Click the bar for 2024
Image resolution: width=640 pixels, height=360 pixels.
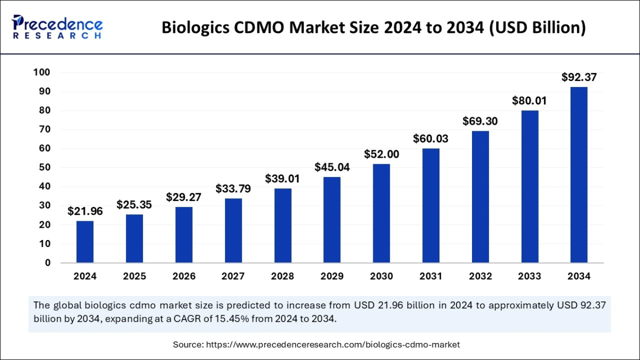point(85,242)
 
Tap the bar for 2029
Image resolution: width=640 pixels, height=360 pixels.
point(332,220)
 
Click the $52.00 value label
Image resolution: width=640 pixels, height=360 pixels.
point(381,154)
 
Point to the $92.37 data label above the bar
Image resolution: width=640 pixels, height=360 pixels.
point(579,77)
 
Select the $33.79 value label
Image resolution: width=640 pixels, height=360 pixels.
point(233,188)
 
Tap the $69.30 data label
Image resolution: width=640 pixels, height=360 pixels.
point(480,121)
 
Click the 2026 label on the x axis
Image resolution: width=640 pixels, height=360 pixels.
point(183,276)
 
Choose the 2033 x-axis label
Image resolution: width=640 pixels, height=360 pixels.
point(530,276)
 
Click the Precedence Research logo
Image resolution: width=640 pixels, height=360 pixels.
point(57,27)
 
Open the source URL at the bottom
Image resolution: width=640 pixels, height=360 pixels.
point(333,345)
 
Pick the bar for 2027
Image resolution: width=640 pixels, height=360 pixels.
point(233,230)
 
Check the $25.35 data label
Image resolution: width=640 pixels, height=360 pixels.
point(134,204)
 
